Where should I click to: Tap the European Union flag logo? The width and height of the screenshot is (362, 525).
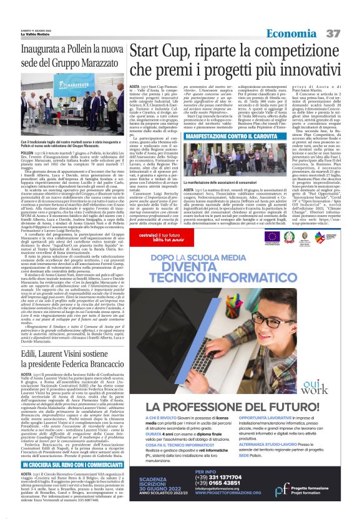pos(271,237)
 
